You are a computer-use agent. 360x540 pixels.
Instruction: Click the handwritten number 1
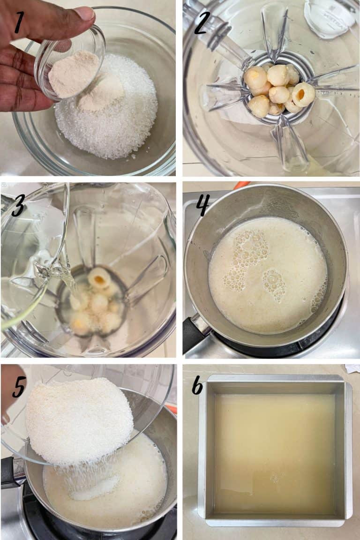18,23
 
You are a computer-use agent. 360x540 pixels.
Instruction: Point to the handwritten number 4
202,205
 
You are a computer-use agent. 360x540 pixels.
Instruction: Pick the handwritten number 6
197,385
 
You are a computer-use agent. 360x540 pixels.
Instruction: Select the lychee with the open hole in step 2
304,94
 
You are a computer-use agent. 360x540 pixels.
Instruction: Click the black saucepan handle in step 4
194,334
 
